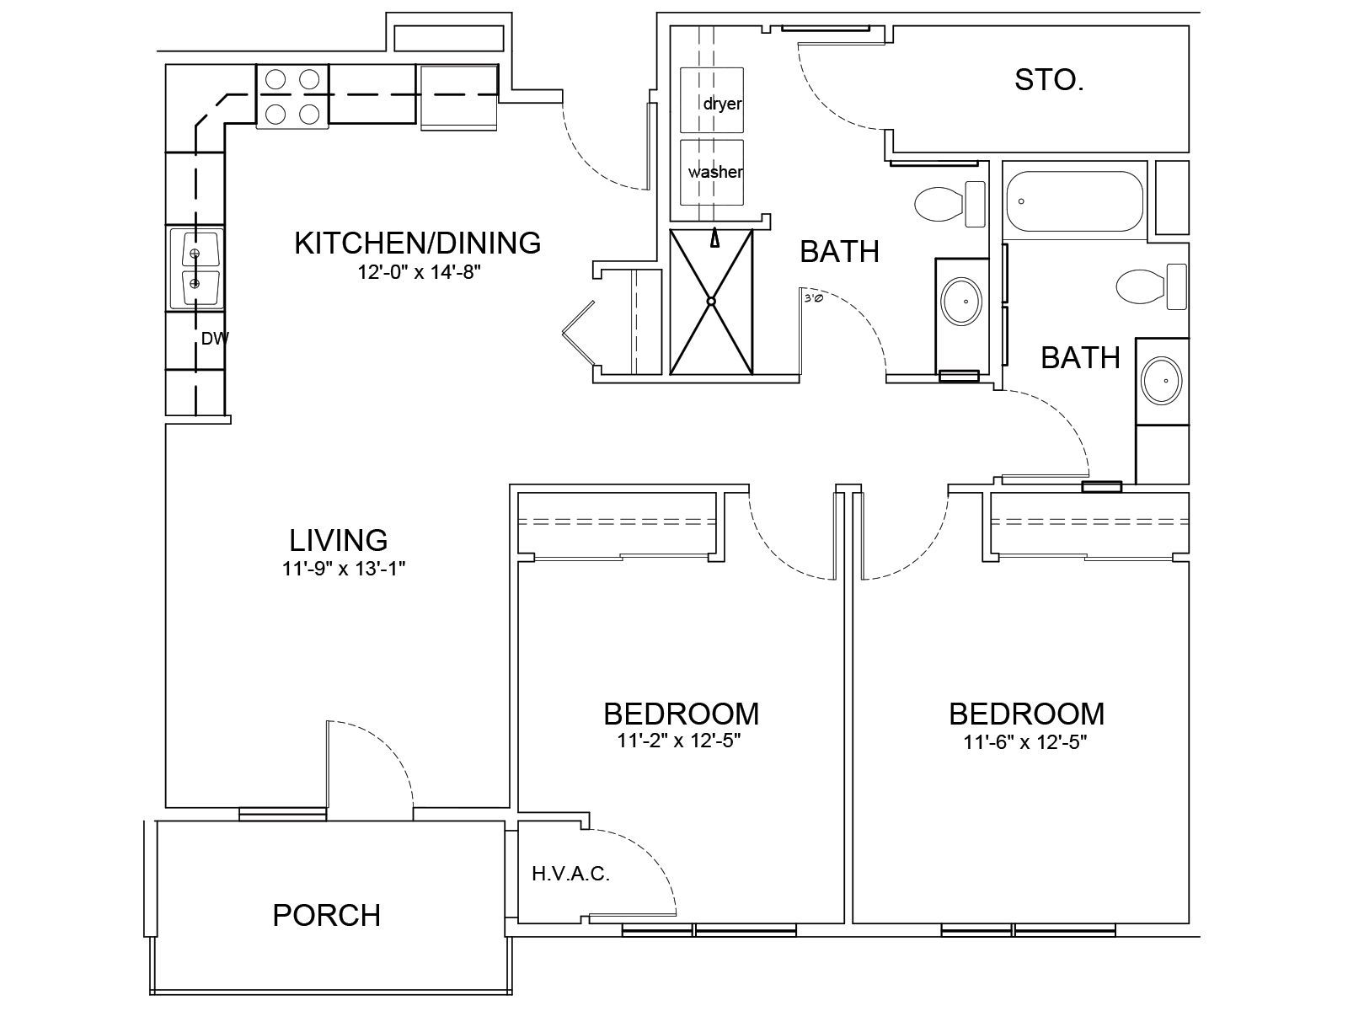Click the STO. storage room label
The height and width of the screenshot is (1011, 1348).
point(1049,80)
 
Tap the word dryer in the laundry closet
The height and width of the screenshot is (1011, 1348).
point(723,104)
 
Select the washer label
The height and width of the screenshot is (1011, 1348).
point(715,172)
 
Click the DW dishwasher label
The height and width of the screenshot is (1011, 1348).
point(215,338)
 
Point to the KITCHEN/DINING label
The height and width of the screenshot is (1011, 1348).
point(418,243)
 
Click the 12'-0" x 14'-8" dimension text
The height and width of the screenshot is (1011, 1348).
point(419,272)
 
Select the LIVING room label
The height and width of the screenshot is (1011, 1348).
point(339,541)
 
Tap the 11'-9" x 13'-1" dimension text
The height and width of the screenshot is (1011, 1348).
point(344,569)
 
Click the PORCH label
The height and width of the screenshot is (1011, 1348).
point(327,915)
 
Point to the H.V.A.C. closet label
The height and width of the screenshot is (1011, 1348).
point(571,874)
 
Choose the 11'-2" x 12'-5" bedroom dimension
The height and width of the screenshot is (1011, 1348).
point(679,741)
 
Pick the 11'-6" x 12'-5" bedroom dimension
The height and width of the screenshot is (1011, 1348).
point(1025,742)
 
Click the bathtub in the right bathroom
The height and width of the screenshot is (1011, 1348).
point(1075,201)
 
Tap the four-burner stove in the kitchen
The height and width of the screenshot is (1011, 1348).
point(292,96)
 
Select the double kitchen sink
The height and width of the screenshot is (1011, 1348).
point(195,269)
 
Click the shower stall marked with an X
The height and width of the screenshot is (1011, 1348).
point(711,302)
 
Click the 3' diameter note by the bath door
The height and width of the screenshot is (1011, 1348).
point(813,299)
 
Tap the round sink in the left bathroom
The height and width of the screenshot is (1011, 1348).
point(962,302)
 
